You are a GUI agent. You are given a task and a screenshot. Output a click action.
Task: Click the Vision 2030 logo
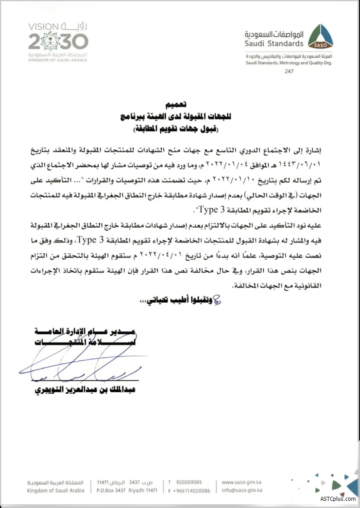58,40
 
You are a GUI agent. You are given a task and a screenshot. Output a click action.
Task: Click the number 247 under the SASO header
288,72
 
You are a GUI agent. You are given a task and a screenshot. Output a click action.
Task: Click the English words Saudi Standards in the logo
274,44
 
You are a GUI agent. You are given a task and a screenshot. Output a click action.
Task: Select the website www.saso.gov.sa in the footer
242,482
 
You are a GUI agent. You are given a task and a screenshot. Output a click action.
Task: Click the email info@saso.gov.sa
242,490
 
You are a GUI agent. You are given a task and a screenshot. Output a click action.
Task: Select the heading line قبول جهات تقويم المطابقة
173,130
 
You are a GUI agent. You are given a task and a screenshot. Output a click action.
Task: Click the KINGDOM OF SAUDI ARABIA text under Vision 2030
58,59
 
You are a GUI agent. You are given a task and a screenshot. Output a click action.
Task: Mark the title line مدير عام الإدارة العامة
85,332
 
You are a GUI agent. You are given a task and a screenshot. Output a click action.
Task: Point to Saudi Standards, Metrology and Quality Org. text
288,63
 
